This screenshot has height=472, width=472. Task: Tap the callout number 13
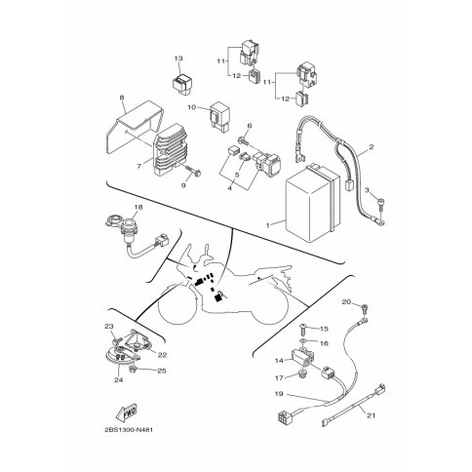coord(178,59)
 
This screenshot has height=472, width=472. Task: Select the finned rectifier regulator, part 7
coord(172,149)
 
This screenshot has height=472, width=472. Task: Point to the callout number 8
coord(122,97)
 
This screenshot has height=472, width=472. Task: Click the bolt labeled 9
coord(193,172)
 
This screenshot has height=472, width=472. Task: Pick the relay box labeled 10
coord(220,113)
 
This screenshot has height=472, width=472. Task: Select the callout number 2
coord(372,146)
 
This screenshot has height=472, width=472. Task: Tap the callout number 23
coord(108,326)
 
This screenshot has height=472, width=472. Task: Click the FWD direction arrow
coord(126,412)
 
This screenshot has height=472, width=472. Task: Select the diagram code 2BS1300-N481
coord(129,430)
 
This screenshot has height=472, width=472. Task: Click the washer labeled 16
coord(303,340)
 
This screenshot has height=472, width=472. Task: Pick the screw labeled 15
coord(302,331)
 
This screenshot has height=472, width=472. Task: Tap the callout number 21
coord(371,415)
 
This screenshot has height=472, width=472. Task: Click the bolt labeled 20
coord(365,308)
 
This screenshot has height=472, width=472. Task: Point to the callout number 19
coord(279,394)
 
